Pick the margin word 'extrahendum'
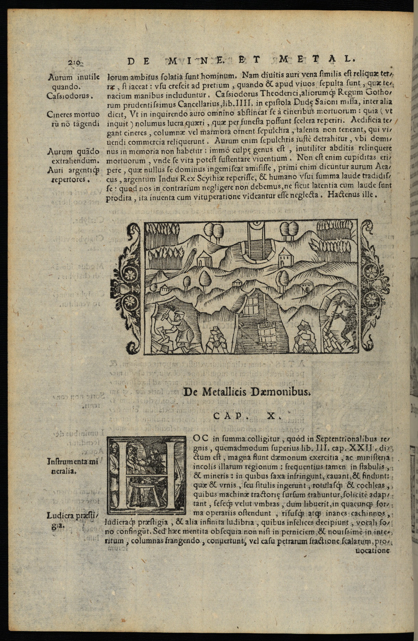[70, 161]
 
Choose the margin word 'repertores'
[68, 179]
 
